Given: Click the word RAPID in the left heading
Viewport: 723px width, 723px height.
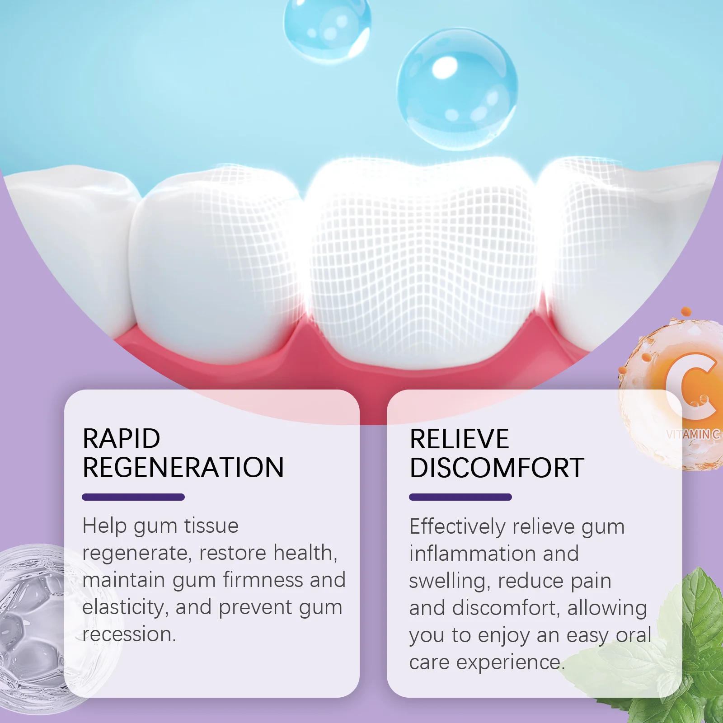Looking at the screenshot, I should (x=121, y=438).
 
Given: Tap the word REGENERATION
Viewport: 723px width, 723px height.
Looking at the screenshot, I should (x=183, y=467).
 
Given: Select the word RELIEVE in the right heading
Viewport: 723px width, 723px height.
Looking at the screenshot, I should (x=459, y=439).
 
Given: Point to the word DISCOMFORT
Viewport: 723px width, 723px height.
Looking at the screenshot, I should (x=497, y=468).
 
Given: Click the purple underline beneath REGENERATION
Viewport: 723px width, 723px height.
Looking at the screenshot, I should (x=133, y=497).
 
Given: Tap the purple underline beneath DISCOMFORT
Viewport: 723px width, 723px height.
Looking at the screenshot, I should (x=460, y=497).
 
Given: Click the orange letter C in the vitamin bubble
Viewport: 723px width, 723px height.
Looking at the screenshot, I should (x=691, y=384).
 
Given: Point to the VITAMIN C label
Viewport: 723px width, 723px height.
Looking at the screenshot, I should (x=693, y=434).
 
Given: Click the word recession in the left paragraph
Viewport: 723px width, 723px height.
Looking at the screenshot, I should (x=128, y=634).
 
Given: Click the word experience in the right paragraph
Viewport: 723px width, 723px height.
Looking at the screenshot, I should (x=510, y=662).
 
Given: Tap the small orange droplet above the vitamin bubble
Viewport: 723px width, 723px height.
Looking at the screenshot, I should (x=686, y=312).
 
